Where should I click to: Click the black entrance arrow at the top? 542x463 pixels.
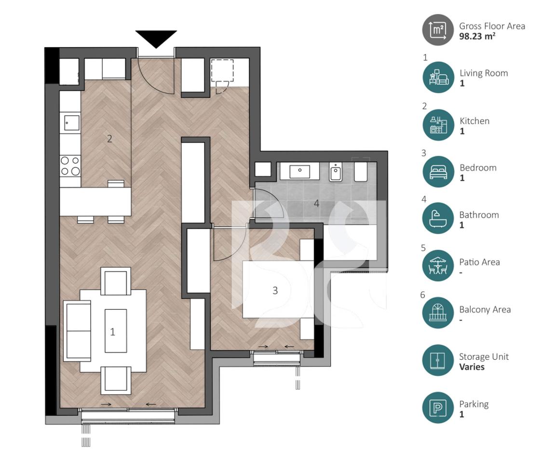click(x=156, y=38)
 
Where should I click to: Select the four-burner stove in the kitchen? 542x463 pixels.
click(x=70, y=166)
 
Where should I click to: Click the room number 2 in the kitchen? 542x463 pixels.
click(x=109, y=139)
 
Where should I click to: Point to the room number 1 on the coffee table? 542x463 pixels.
click(x=113, y=332)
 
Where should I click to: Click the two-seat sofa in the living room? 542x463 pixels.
click(x=77, y=331)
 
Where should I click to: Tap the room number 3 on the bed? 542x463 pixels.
click(x=275, y=290)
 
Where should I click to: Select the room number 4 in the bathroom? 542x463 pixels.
click(x=316, y=204)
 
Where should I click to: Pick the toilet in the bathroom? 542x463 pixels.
click(x=336, y=172)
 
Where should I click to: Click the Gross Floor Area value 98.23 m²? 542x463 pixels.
click(x=477, y=36)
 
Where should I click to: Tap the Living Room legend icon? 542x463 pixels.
click(x=438, y=77)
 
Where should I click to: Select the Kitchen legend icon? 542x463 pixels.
click(x=438, y=125)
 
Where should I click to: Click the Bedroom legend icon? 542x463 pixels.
click(x=438, y=172)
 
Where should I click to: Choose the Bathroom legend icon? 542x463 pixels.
click(x=438, y=218)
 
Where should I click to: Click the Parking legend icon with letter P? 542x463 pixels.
click(x=438, y=408)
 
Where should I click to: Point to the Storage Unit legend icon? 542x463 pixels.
click(x=438, y=361)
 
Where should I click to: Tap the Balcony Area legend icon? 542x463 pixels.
click(x=438, y=313)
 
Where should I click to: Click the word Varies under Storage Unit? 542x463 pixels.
click(x=472, y=367)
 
